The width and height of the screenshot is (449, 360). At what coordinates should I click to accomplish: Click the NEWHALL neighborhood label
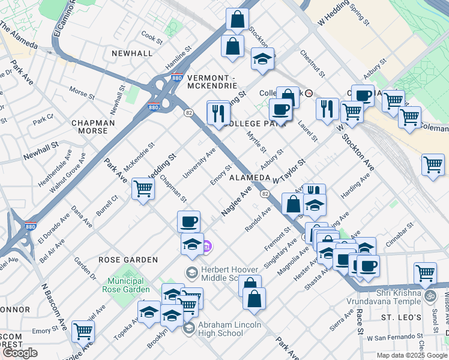pos(131,53)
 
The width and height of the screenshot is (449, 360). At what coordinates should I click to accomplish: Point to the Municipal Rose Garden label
pos(126,285)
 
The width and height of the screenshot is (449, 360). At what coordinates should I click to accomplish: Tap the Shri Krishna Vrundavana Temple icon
pos(430,296)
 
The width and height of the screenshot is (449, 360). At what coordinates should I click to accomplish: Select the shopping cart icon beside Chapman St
pos(143,188)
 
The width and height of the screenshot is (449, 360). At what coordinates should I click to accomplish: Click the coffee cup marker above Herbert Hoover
pos(189,221)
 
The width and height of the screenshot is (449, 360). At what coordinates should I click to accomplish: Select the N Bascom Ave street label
pos(53,306)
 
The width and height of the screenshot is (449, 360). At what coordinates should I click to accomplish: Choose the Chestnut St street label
pos(313,64)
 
